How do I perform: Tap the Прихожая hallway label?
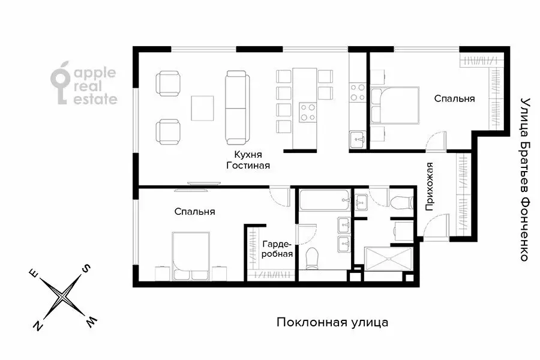[429, 187]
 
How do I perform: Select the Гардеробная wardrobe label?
[277, 249]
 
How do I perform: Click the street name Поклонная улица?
[332, 323]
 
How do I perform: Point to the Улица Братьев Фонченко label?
[524, 179]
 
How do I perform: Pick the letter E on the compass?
[34, 275]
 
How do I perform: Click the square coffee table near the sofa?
[202, 108]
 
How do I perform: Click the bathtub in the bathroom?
[324, 200]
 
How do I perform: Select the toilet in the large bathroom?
[312, 258]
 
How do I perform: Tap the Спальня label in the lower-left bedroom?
[195, 212]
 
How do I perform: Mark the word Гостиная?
[247, 166]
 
